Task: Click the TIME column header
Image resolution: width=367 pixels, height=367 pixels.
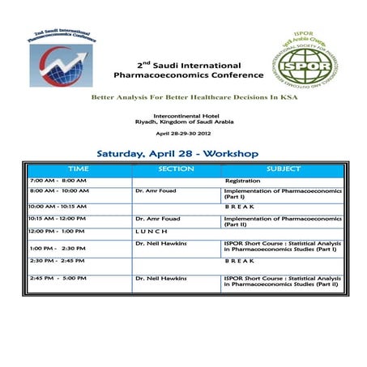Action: tap(78, 169)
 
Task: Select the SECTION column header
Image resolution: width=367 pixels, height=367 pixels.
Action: tap(177, 169)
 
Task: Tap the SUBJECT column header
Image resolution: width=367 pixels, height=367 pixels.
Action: tap(283, 169)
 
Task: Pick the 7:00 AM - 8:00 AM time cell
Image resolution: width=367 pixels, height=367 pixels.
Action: tap(58, 180)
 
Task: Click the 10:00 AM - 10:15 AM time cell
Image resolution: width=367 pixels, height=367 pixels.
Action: tap(61, 207)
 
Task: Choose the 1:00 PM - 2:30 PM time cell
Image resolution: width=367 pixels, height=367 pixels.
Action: tap(58, 248)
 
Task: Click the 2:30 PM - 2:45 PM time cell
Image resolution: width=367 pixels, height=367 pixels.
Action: tap(58, 261)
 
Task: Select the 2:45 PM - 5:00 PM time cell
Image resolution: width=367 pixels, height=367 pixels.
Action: tap(58, 279)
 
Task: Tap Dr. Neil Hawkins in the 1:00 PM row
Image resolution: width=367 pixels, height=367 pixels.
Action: tap(161, 243)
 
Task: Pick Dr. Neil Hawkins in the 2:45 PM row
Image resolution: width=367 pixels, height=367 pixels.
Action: tap(161, 279)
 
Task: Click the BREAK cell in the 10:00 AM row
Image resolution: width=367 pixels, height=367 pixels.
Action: tap(240, 207)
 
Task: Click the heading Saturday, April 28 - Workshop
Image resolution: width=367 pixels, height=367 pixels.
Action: tap(177, 152)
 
